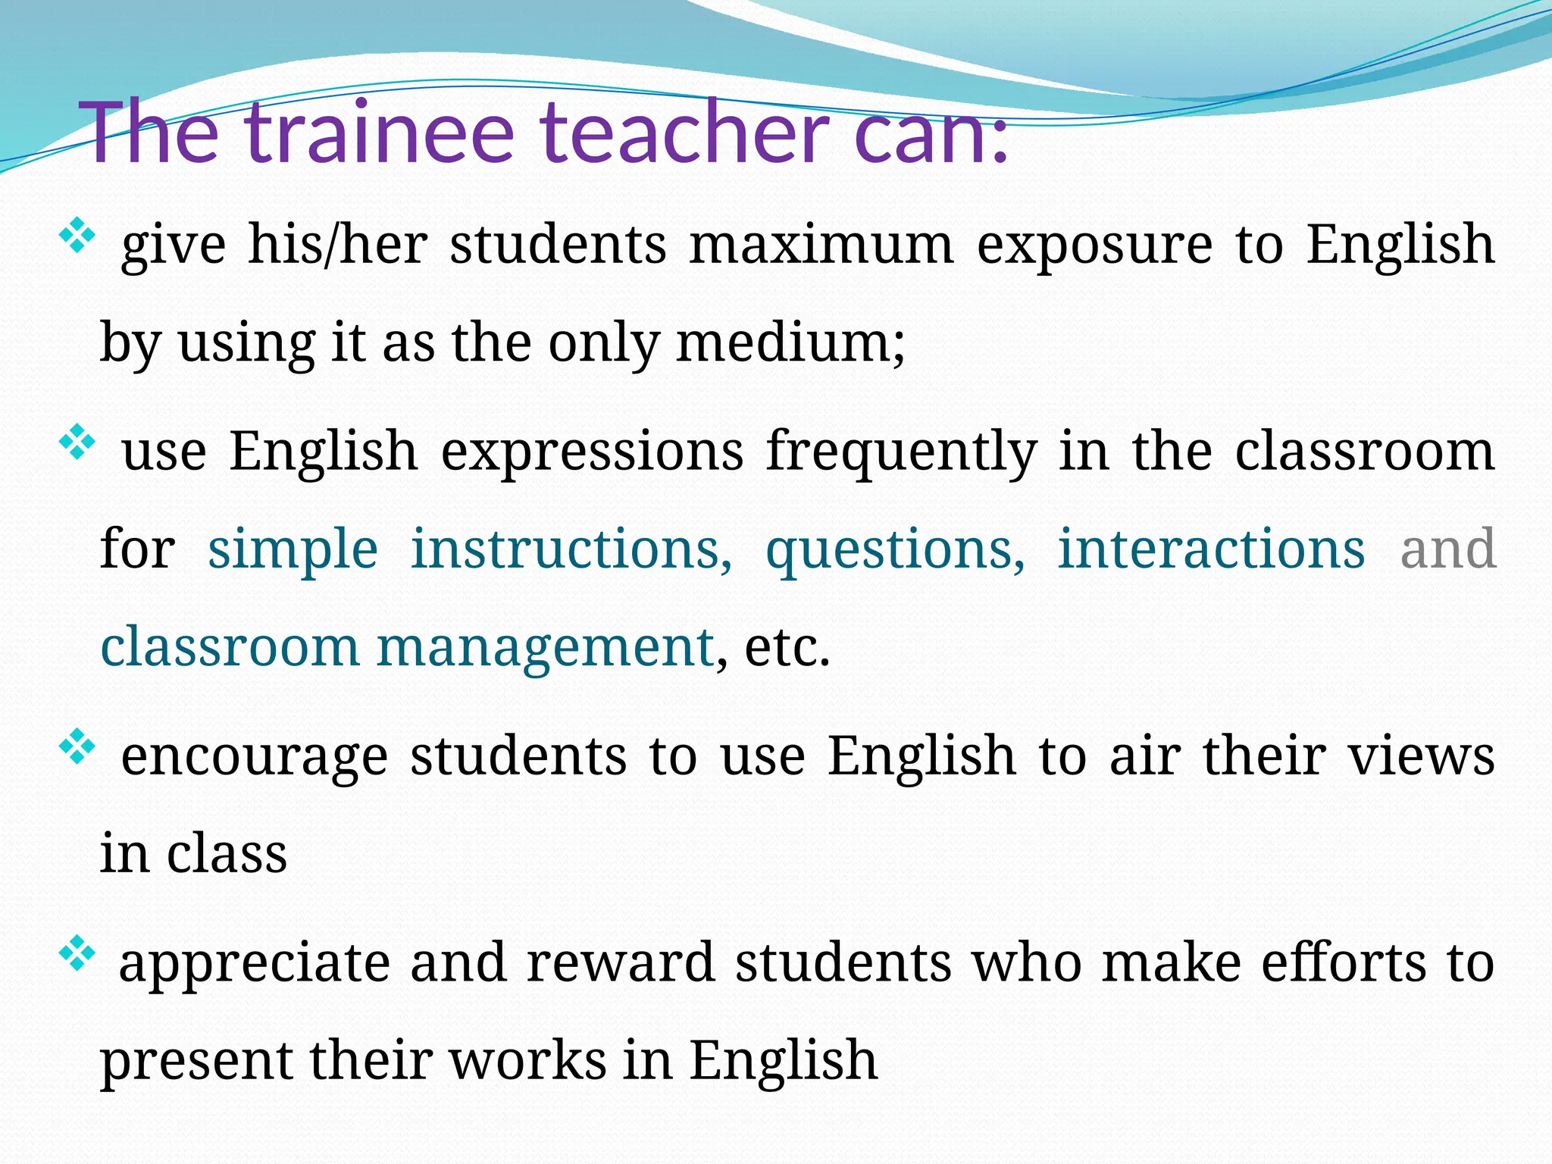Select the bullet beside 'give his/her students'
point(77,236)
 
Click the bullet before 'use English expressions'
point(77,443)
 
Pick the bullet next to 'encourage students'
point(77,748)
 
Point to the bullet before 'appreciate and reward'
point(77,954)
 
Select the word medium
point(790,343)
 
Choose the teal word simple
point(293,550)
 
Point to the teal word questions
point(895,550)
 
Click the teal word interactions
point(1211,549)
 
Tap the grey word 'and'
point(1447,549)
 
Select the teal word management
point(546,649)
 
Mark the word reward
point(621,962)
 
